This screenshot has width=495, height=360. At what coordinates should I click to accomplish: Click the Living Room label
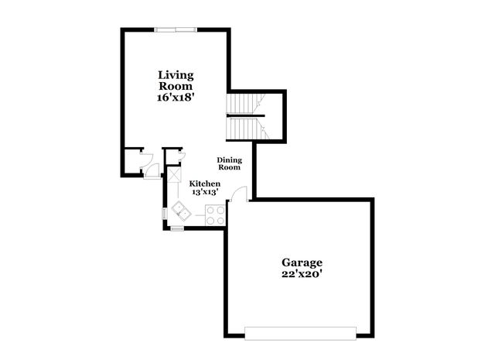click(176, 81)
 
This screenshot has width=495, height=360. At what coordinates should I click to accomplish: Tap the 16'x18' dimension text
click(176, 98)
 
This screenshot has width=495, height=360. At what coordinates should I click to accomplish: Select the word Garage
click(302, 262)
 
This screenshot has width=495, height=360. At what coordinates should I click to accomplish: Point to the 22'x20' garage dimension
click(302, 274)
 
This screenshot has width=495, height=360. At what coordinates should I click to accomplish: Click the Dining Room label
click(229, 163)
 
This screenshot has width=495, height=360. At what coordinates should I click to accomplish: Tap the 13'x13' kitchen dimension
click(205, 192)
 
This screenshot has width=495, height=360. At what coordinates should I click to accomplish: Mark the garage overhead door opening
click(300, 334)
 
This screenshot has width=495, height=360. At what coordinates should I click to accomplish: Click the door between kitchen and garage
click(240, 194)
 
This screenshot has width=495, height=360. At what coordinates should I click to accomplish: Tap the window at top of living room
click(176, 30)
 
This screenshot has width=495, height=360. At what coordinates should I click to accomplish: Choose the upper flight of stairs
click(244, 104)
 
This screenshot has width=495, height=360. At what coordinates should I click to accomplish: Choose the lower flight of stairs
click(244, 128)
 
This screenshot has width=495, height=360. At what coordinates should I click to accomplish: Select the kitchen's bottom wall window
click(178, 229)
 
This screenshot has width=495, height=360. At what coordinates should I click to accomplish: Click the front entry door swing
click(152, 169)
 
